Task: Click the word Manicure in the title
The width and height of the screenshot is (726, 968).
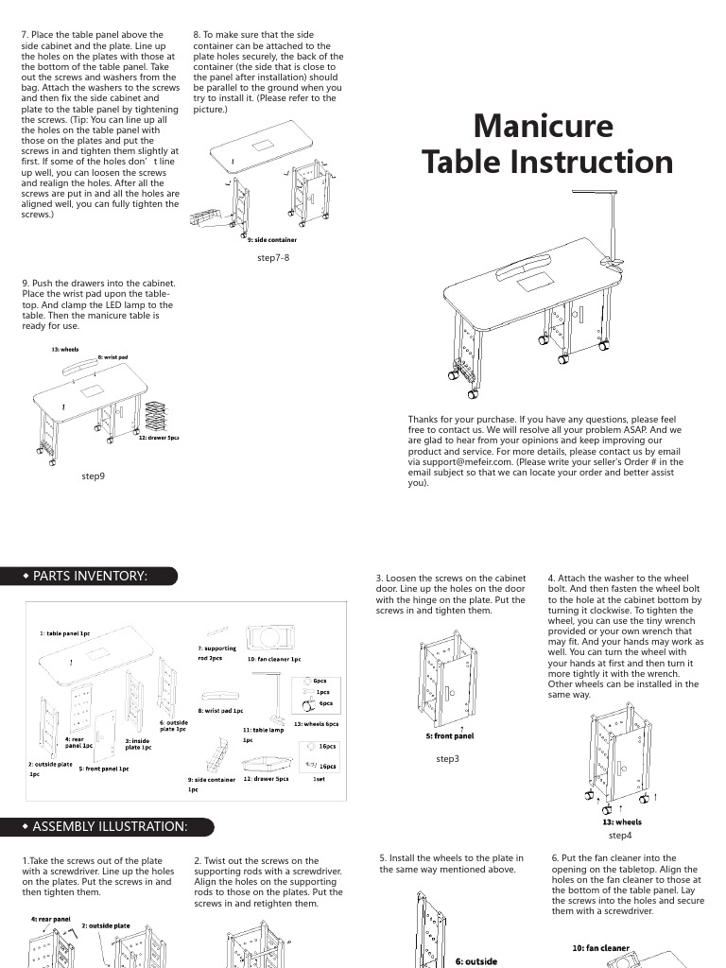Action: click(543, 126)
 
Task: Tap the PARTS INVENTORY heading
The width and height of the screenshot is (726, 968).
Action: click(90, 576)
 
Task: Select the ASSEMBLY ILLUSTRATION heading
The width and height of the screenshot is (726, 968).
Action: click(110, 827)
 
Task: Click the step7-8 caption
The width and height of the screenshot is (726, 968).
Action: click(272, 256)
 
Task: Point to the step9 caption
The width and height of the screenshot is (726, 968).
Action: click(93, 476)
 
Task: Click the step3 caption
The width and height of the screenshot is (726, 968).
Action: click(447, 758)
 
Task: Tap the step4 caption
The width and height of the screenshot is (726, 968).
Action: click(620, 836)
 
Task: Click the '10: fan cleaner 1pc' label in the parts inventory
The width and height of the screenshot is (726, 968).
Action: click(274, 659)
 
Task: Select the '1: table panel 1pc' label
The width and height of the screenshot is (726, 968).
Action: click(64, 632)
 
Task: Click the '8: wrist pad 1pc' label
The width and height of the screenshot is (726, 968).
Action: click(220, 710)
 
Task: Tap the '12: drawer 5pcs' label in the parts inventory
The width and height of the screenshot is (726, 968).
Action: click(266, 779)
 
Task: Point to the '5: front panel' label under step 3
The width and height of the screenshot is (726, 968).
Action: click(450, 735)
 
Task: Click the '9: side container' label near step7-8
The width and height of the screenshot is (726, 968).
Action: click(270, 240)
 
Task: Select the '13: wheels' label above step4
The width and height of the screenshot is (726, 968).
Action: click(621, 822)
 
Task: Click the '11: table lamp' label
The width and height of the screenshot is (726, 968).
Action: click(263, 730)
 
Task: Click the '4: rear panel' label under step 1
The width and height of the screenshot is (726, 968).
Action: click(50, 918)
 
